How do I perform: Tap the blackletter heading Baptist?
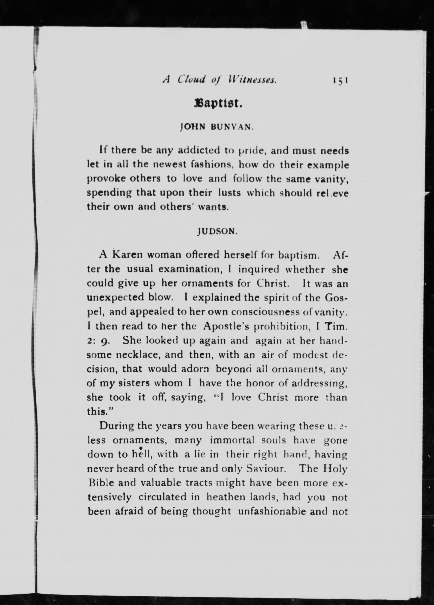tap(218, 103)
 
